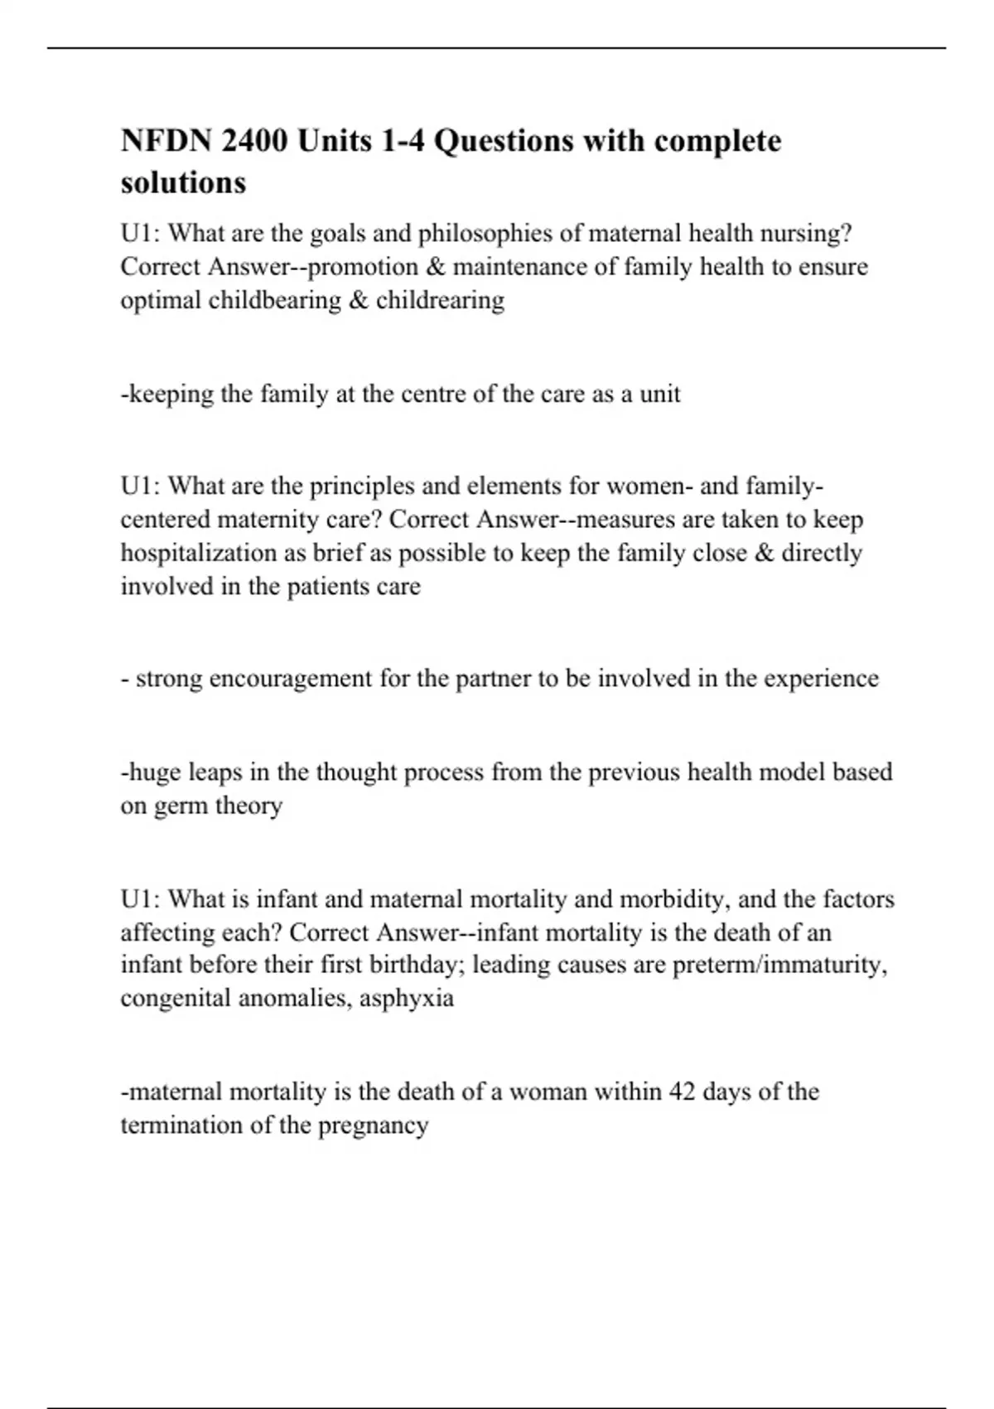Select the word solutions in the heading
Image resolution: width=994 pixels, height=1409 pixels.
click(x=183, y=182)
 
